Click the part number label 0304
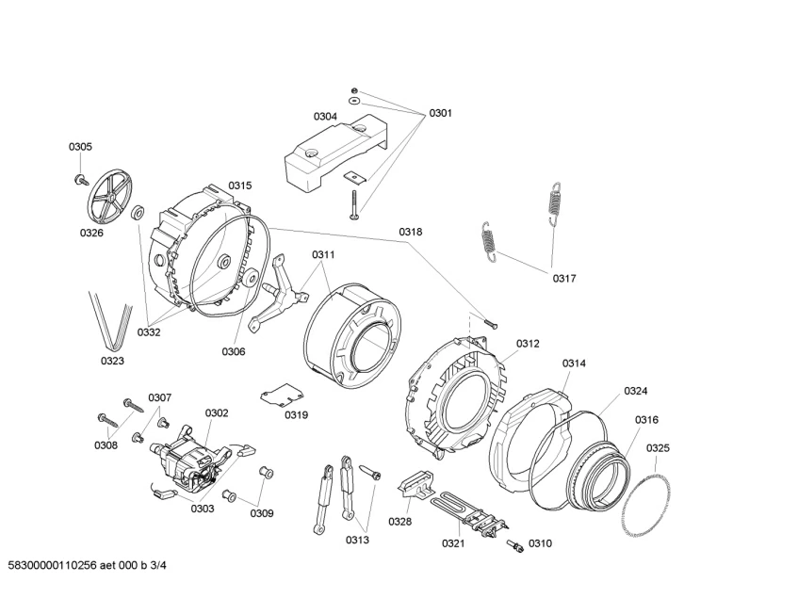point(325,117)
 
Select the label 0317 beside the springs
point(564,278)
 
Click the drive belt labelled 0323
point(110,318)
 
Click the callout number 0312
point(528,344)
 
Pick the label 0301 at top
point(440,113)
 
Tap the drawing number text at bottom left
point(87,566)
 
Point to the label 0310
point(540,543)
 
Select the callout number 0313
point(357,540)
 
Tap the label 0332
point(148,331)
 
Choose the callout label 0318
point(410,232)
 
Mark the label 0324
point(635,391)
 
